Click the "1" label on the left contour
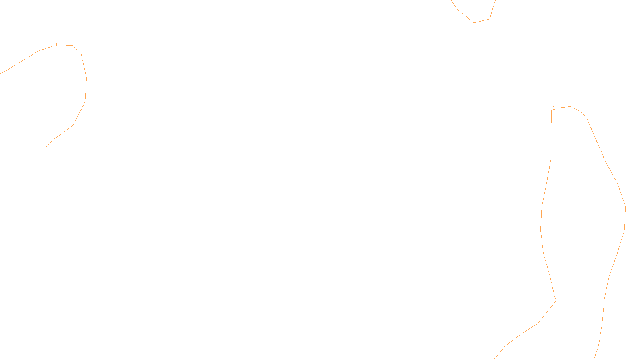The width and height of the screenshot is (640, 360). coord(56,45)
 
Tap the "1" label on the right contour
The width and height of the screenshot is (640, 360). coord(554,108)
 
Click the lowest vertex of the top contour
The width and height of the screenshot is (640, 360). coord(474,23)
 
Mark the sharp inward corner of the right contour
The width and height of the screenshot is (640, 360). coord(556,300)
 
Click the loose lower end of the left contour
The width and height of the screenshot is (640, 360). coord(45,148)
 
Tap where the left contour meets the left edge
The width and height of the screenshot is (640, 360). coord(1,74)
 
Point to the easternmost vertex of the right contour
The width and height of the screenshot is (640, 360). coord(625,207)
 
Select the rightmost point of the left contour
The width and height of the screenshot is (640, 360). coord(86,78)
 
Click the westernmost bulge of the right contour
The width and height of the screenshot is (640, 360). coord(541,229)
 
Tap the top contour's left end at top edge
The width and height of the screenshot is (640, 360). coord(452,1)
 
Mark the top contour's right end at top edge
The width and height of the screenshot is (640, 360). coord(495,1)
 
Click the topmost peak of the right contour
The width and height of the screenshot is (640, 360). coord(570,106)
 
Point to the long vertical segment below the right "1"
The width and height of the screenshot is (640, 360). coord(551,136)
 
